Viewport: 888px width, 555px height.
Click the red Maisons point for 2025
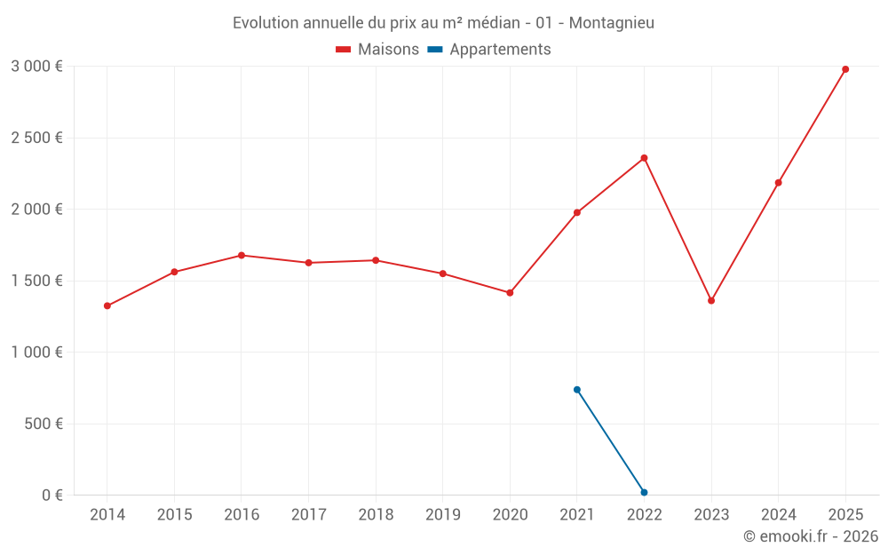coord(845,69)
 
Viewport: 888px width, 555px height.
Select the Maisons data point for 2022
coord(645,158)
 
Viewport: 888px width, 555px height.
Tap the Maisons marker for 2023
coord(711,301)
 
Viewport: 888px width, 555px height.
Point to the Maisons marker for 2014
coord(107,306)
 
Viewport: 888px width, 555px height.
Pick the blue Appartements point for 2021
coord(577,390)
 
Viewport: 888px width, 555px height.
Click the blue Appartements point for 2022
coord(645,493)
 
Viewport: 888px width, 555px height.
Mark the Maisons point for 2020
coord(510,293)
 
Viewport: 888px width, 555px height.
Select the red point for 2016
coord(242,256)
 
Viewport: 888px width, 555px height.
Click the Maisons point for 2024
coord(779,183)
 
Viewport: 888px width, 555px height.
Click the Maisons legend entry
coord(377,50)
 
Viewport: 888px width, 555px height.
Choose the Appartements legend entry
coord(489,50)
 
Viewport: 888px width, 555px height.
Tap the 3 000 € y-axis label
coord(36,67)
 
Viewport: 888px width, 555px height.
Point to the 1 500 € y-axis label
coord(36,281)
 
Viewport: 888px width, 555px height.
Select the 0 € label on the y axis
coord(52,496)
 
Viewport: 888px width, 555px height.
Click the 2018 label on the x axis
coord(376,515)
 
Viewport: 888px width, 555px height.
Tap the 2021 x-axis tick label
coord(577,515)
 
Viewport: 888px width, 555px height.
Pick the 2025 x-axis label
coord(845,515)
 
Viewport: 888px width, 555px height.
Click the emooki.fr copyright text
coord(811,536)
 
